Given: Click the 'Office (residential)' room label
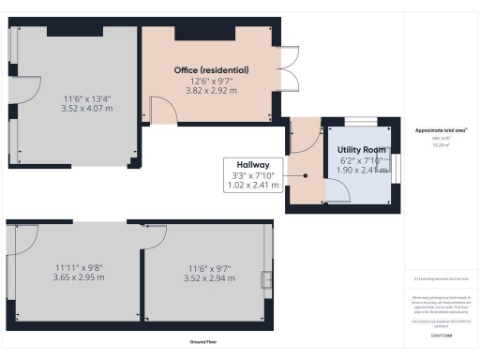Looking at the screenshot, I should tap(211, 70).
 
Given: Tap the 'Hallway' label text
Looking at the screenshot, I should tap(253, 164).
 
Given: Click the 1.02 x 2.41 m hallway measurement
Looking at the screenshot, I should tap(253, 186).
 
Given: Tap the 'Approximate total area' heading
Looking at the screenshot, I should tap(441, 130).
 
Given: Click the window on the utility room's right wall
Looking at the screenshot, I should tap(395, 164).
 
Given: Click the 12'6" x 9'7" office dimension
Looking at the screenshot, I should tap(211, 82).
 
